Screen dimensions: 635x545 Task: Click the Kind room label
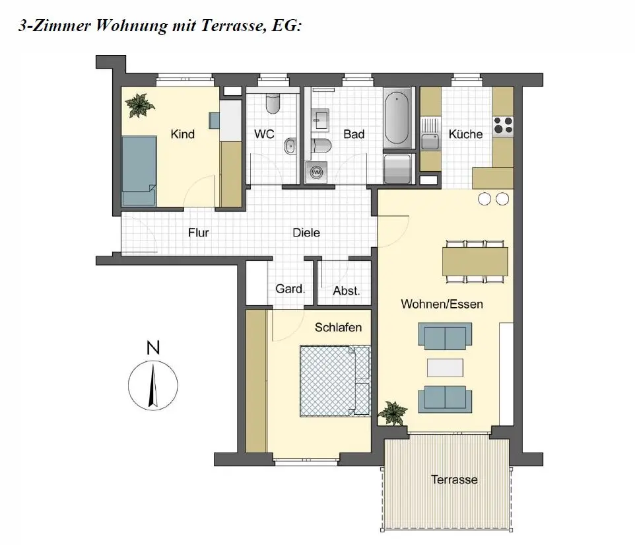click(x=182, y=134)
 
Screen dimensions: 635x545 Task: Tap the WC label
click(x=264, y=134)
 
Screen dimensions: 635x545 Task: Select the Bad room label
click(x=354, y=134)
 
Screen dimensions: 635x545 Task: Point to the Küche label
click(x=465, y=134)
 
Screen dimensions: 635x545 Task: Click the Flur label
click(x=198, y=233)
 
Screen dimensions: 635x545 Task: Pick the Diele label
click(x=306, y=233)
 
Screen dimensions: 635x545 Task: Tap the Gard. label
click(x=290, y=289)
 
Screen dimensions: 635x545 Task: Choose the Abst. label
click(x=347, y=291)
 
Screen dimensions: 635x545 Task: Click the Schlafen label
click(x=338, y=327)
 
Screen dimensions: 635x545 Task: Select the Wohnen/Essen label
click(x=442, y=305)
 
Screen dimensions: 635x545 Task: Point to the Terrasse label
click(x=454, y=480)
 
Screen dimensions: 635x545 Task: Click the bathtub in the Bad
click(x=397, y=119)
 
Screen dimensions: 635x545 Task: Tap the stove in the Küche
click(x=503, y=125)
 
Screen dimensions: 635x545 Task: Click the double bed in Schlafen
click(x=335, y=381)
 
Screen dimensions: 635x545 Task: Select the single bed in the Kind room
click(x=139, y=171)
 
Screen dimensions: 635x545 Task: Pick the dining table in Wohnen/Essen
click(x=475, y=261)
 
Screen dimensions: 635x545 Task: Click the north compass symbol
click(x=152, y=383)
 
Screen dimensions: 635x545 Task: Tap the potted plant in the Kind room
click(x=140, y=104)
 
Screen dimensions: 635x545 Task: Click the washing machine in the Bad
click(x=316, y=172)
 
